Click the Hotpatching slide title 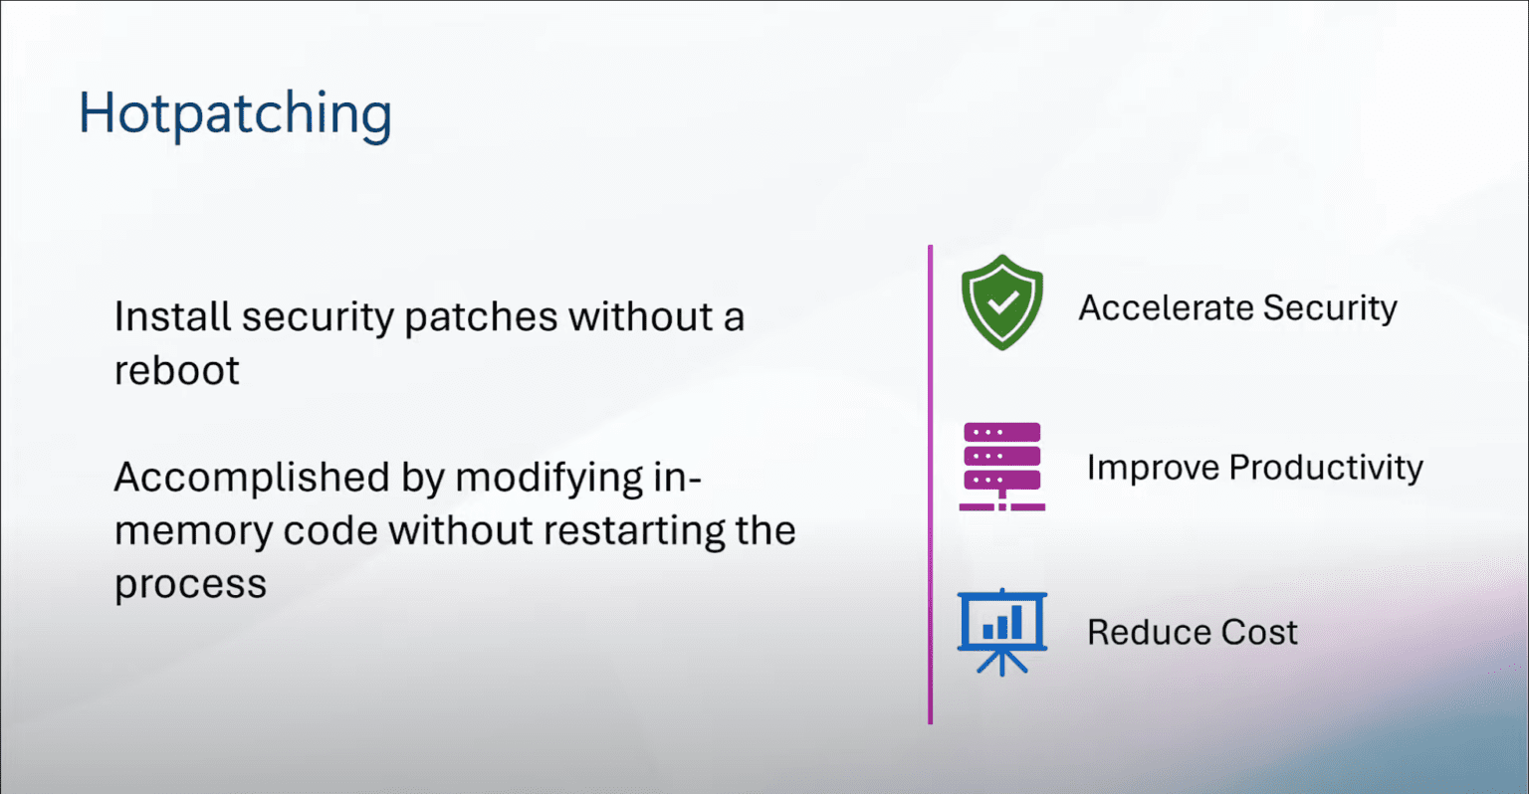pyautogui.click(x=235, y=113)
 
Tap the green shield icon pyautogui.click(x=1002, y=301)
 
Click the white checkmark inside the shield pyautogui.click(x=1002, y=300)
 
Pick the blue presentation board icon pyautogui.click(x=1001, y=631)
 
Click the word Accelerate pyautogui.click(x=1166, y=308)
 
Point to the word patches pyautogui.click(x=481, y=317)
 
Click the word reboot pyautogui.click(x=176, y=371)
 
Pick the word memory pyautogui.click(x=193, y=532)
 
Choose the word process pyautogui.click(x=190, y=585)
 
